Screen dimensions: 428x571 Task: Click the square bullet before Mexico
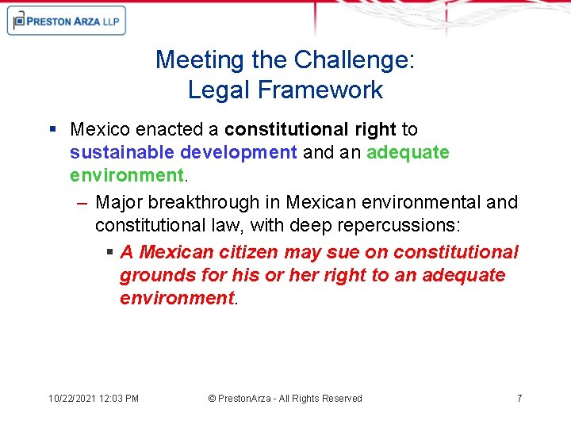tap(52, 128)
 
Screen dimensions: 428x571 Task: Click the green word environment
tap(126, 174)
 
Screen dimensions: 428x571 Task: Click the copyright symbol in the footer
tap(212, 398)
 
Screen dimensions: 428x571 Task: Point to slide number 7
tap(519, 398)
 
